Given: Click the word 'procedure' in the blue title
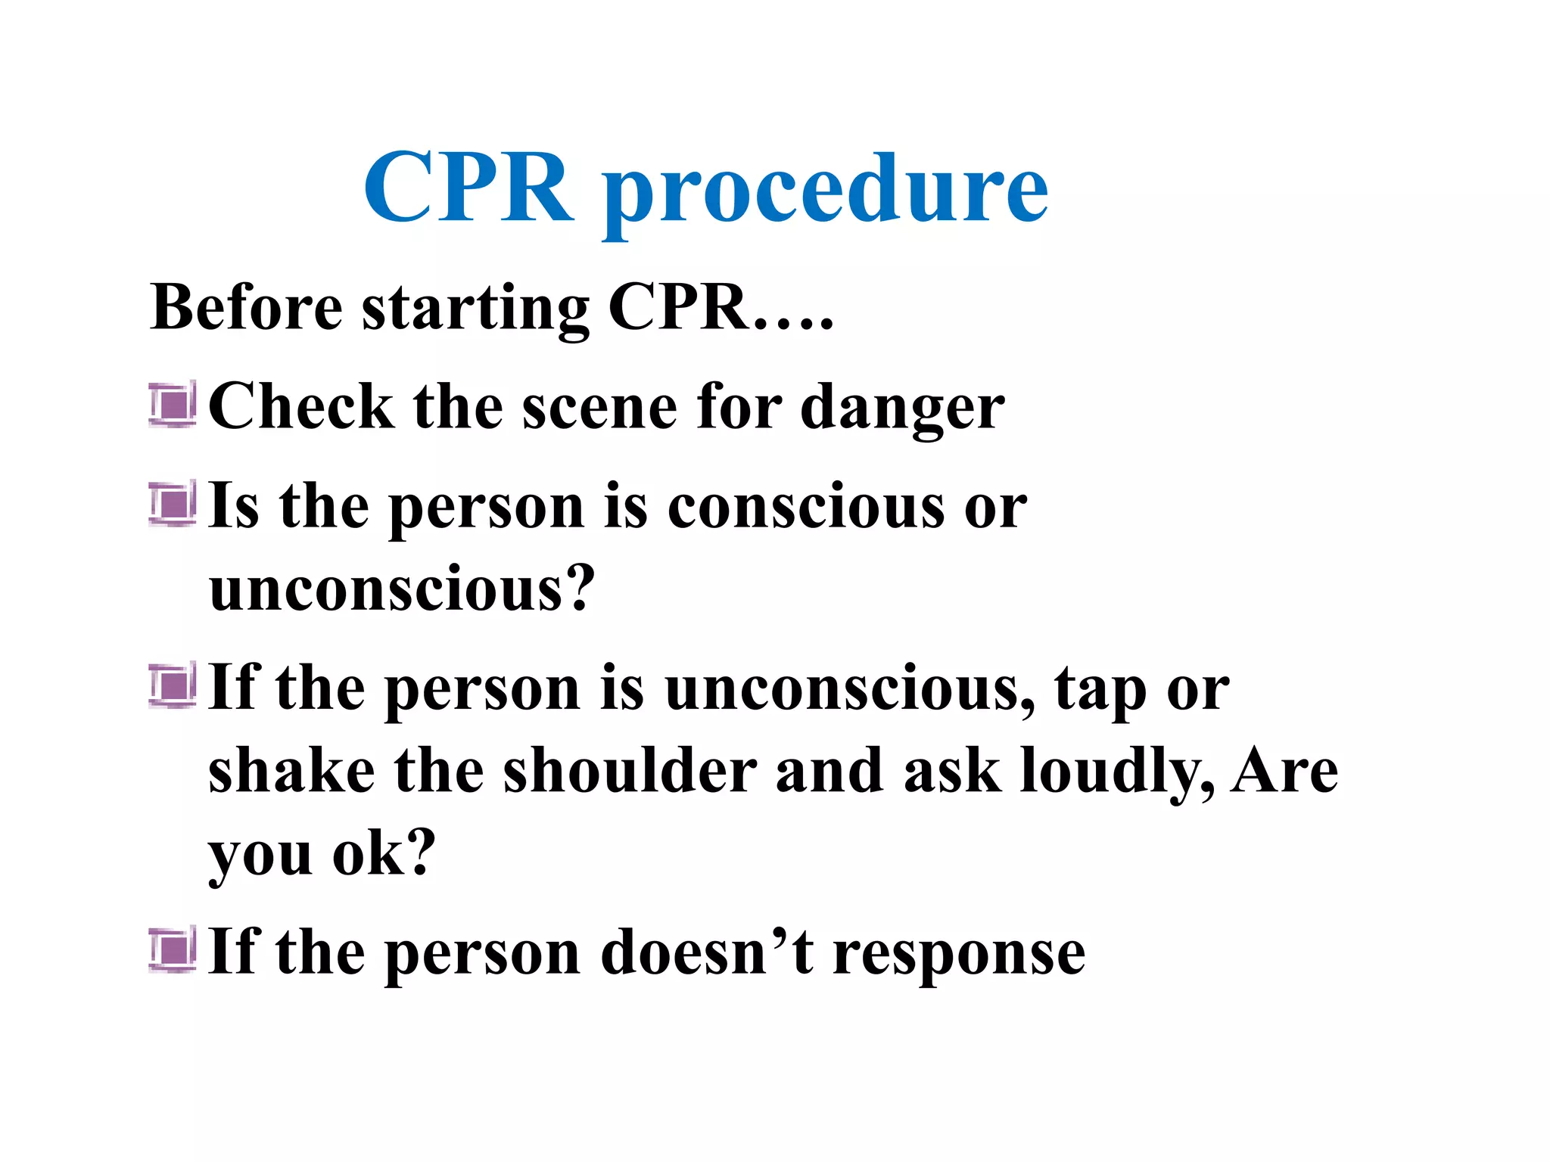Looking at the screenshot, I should tap(825, 189).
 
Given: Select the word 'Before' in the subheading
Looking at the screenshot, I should tap(247, 307).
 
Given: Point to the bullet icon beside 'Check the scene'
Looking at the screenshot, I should tap(173, 404).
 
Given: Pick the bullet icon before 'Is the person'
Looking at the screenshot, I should tap(173, 503).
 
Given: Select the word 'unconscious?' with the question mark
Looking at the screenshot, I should tap(402, 588).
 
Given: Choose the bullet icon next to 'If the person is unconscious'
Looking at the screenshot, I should tap(173, 685).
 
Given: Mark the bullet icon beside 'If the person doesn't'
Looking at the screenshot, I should tap(173, 949).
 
